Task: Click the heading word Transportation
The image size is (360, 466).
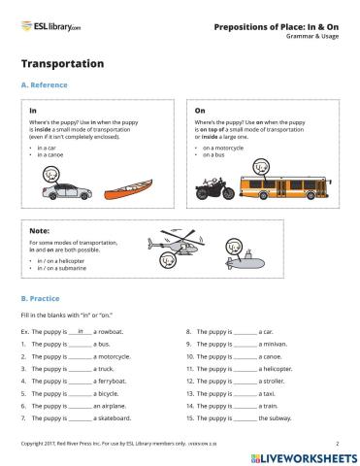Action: click(x=61, y=63)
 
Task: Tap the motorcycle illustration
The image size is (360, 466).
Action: click(x=214, y=188)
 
